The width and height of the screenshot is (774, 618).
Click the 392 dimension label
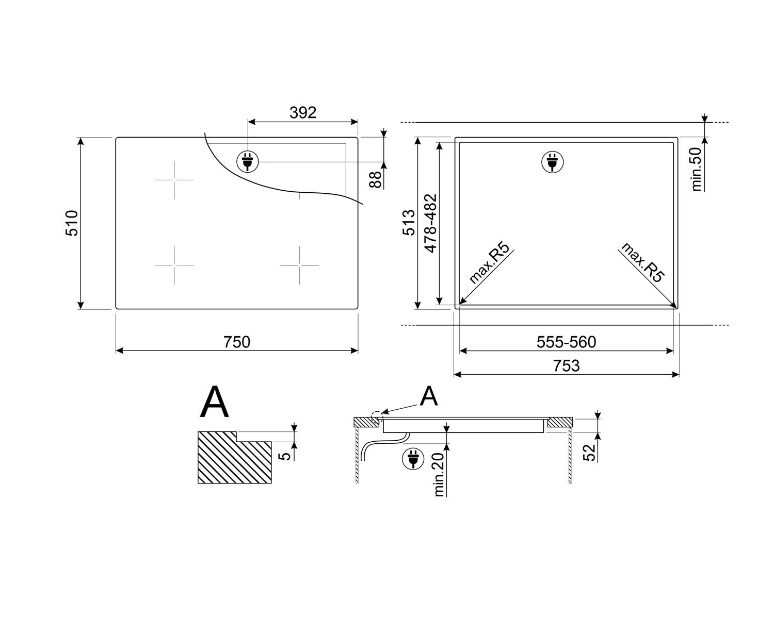pos(303,113)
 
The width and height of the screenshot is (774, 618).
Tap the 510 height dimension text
pos(72,223)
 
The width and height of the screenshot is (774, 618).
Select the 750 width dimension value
pos(237,342)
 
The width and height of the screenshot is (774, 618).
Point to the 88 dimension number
pos(375,180)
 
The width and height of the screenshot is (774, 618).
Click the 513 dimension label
pos(409,223)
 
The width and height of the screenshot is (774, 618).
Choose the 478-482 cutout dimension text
pos(430,224)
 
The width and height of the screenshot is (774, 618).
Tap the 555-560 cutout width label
pos(566,342)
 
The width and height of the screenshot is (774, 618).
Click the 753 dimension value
pos(566,366)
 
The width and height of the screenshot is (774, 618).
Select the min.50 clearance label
pos(697,169)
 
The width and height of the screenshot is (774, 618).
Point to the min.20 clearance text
pos(439,475)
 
